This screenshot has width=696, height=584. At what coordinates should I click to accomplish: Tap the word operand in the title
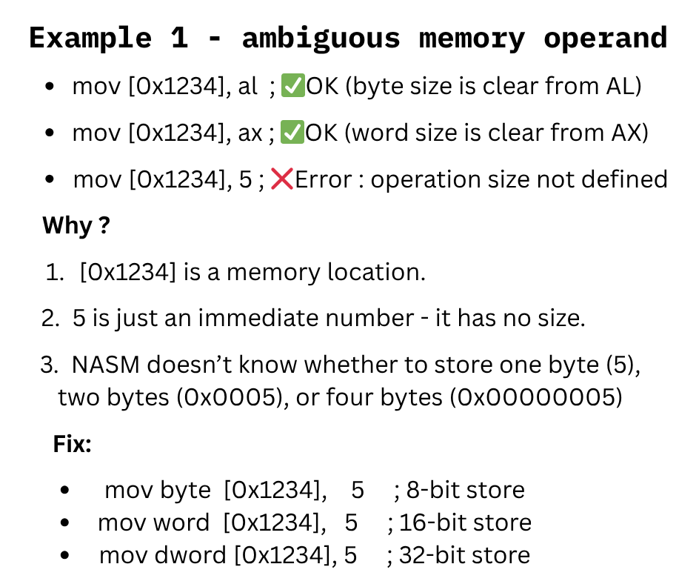[605, 38]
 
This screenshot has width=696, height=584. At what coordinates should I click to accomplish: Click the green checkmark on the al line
[292, 87]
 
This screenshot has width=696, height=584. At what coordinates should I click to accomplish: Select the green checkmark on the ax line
[292, 133]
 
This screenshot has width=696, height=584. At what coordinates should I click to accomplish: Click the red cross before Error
[281, 179]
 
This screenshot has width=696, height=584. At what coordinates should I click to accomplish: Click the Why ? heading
[76, 225]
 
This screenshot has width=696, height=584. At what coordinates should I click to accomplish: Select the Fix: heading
[72, 445]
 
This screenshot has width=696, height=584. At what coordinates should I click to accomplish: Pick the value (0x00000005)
[538, 398]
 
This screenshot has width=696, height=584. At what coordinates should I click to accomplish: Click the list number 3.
[48, 365]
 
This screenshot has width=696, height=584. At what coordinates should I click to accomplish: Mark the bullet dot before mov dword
[66, 555]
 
